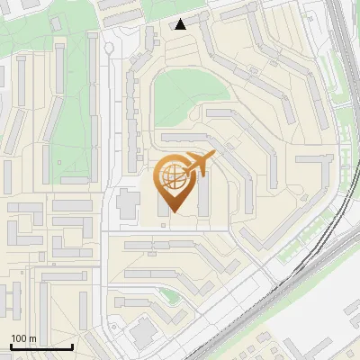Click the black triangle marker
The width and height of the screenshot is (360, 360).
pyautogui.click(x=181, y=23)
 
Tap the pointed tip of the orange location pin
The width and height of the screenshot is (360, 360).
pyautogui.click(x=174, y=211)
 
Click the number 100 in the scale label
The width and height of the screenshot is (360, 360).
pyautogui.click(x=20, y=338)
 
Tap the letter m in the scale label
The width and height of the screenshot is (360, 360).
pyautogui.click(x=33, y=338)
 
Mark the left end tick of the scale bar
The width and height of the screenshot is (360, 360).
pyautogui.click(x=10, y=346)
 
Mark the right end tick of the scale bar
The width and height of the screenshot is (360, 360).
pyautogui.click(x=72, y=346)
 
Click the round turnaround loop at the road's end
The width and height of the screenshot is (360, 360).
pyautogui.click(x=110, y=49)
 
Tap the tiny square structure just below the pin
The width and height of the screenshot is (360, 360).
pyautogui.click(x=162, y=223)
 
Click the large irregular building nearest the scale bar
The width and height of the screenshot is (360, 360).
pyautogui.click(x=142, y=334)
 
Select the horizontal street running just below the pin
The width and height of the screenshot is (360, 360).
pyautogui.click(x=180, y=230)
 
